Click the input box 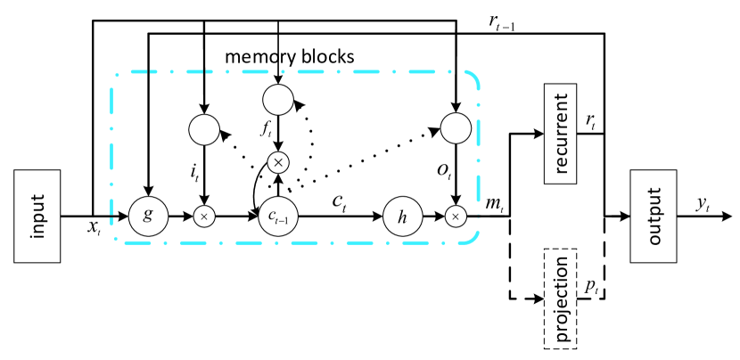(x=37, y=216)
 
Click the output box (x=654, y=216)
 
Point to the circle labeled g (x=147, y=216)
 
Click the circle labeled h (x=402, y=216)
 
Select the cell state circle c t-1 (x=278, y=216)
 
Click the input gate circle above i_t (x=204, y=129)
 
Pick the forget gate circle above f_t (x=278, y=96)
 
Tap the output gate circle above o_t (x=456, y=129)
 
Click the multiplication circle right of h (x=456, y=216)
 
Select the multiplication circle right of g (x=204, y=216)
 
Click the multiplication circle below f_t (x=278, y=161)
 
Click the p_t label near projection (x=592, y=286)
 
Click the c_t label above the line (x=340, y=201)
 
